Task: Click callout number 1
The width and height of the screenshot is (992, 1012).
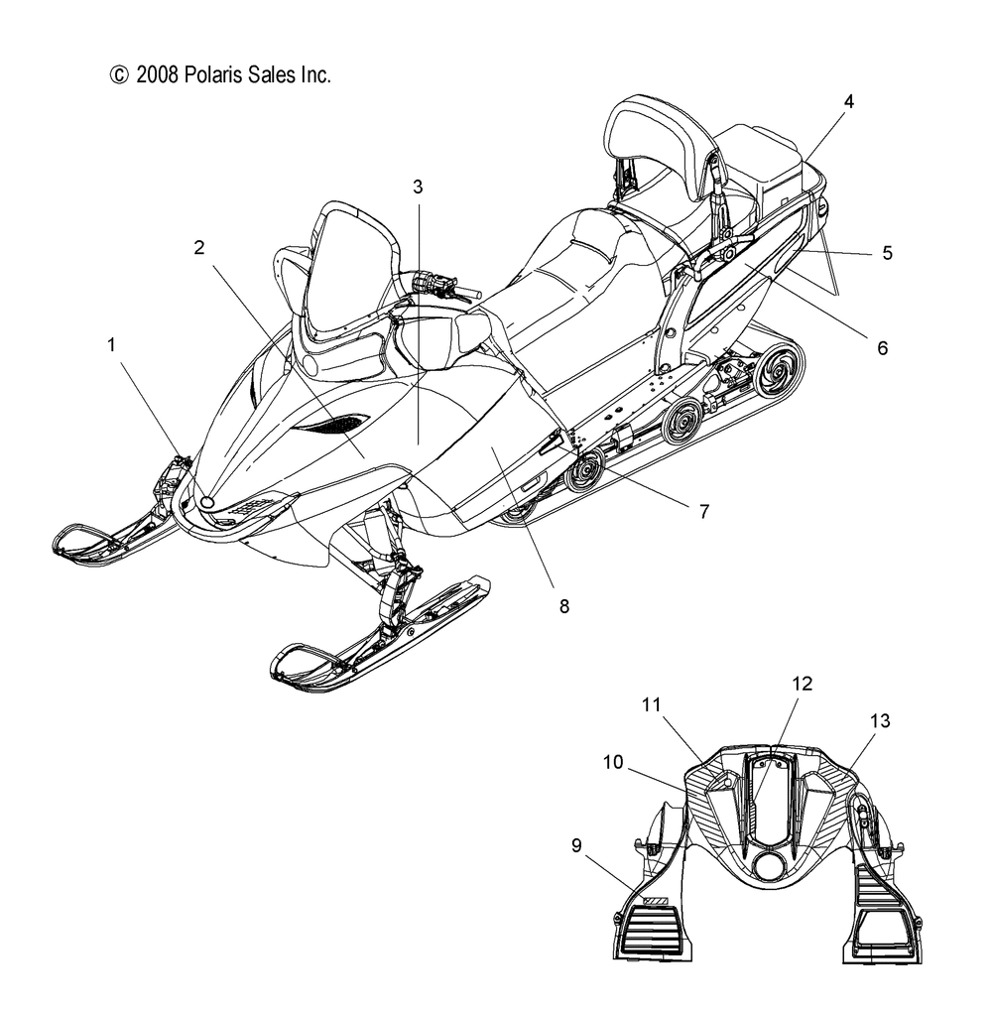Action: [112, 344]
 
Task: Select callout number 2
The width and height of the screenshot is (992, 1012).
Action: [199, 248]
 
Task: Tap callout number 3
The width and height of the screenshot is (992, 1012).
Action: [418, 186]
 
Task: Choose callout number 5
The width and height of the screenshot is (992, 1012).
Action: [886, 253]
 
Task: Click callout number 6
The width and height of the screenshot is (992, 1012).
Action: [882, 347]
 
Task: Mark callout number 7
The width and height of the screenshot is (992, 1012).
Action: [703, 512]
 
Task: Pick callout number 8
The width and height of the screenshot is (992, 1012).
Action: [563, 604]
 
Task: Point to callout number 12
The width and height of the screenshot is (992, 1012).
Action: [802, 684]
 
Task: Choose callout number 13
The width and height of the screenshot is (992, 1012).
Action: [880, 722]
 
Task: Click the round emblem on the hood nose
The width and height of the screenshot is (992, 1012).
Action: [207, 503]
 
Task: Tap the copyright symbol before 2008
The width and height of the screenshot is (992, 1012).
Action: [119, 74]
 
